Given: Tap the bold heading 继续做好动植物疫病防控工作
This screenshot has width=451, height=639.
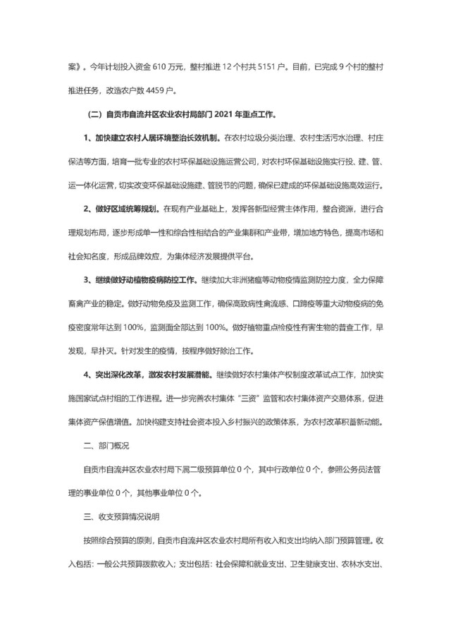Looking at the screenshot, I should tap(148, 281).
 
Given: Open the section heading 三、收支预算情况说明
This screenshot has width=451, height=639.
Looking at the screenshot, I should tap(122, 518).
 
